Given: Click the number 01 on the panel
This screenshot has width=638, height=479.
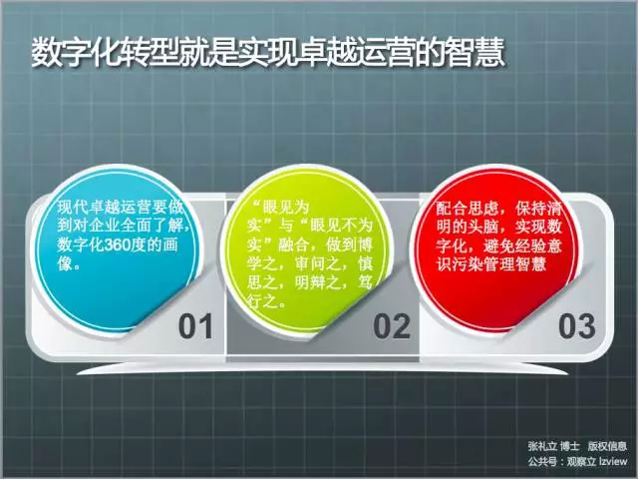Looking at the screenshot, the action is pos(195,326).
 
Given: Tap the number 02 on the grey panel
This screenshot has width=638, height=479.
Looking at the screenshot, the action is pos(392,326).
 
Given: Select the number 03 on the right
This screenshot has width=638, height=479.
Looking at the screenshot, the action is pos(577,326).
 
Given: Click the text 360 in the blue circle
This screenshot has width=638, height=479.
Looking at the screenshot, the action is pos(119,245).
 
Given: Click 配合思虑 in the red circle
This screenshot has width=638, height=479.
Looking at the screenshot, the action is pos(468,209).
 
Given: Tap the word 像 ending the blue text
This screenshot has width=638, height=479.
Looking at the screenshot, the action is pos(65,263).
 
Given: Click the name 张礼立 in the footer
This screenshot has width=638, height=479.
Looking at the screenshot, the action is pos(542,446).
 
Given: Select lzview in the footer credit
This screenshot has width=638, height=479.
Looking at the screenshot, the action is pos(612,461).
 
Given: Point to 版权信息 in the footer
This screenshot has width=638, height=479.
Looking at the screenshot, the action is pos(607,446).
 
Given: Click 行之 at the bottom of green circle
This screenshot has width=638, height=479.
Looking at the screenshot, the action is pos(262,301).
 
